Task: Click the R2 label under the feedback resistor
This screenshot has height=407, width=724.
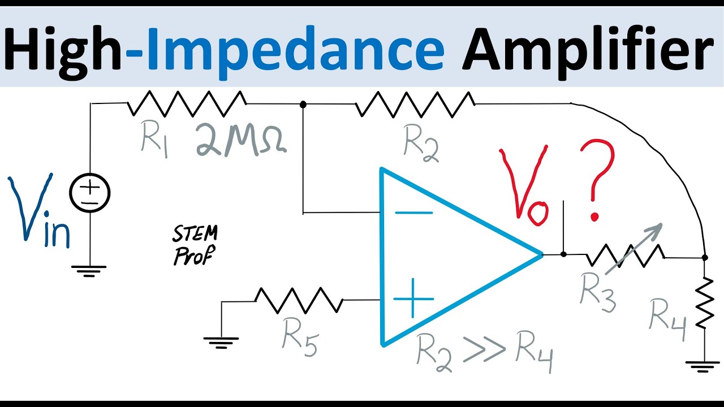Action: click(x=421, y=144)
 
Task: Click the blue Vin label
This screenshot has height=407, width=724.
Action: click(x=38, y=212)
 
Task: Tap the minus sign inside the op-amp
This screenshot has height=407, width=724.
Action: click(x=413, y=213)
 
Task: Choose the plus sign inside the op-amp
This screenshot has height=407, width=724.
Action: click(x=413, y=298)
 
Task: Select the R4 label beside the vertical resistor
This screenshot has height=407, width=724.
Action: click(x=668, y=315)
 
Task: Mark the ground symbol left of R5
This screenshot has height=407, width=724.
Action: click(x=221, y=340)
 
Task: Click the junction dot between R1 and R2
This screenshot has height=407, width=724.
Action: click(x=303, y=105)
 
